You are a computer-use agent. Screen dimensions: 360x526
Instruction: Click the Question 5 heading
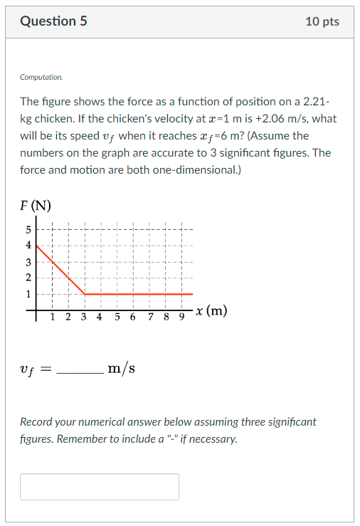pos(53,21)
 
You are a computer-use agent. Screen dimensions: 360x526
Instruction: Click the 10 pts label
pos(322,21)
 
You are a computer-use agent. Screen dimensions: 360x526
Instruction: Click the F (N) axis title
pos(36,207)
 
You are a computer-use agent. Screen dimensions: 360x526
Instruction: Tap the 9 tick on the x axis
pos(181,317)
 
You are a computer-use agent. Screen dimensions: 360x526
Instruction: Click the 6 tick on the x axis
pos(133,317)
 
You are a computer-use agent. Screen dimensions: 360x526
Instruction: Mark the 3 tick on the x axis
pos(84,317)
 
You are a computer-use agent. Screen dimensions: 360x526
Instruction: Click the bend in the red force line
pos(85,293)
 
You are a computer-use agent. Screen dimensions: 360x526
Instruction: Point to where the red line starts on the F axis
pos(37,246)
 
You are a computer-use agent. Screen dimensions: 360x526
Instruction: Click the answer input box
pos(100,487)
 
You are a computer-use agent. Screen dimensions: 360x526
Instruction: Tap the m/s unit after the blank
pos(121,369)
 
